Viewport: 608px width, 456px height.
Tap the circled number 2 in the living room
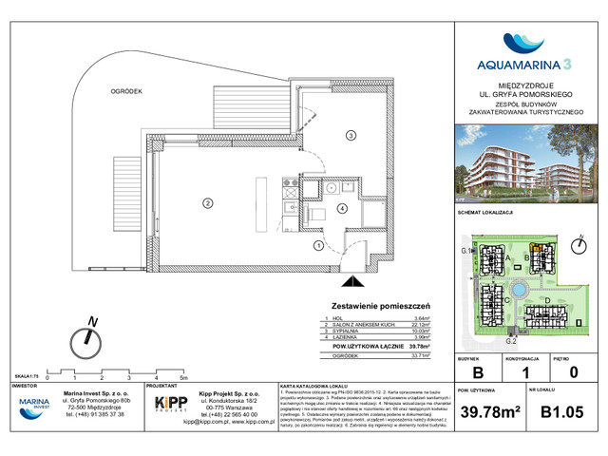click(x=204, y=200)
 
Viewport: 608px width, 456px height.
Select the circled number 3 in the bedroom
click(x=350, y=137)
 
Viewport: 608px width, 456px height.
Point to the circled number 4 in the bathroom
click(x=344, y=210)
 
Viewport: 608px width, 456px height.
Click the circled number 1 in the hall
click(x=316, y=246)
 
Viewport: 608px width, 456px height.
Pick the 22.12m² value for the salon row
click(x=418, y=324)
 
